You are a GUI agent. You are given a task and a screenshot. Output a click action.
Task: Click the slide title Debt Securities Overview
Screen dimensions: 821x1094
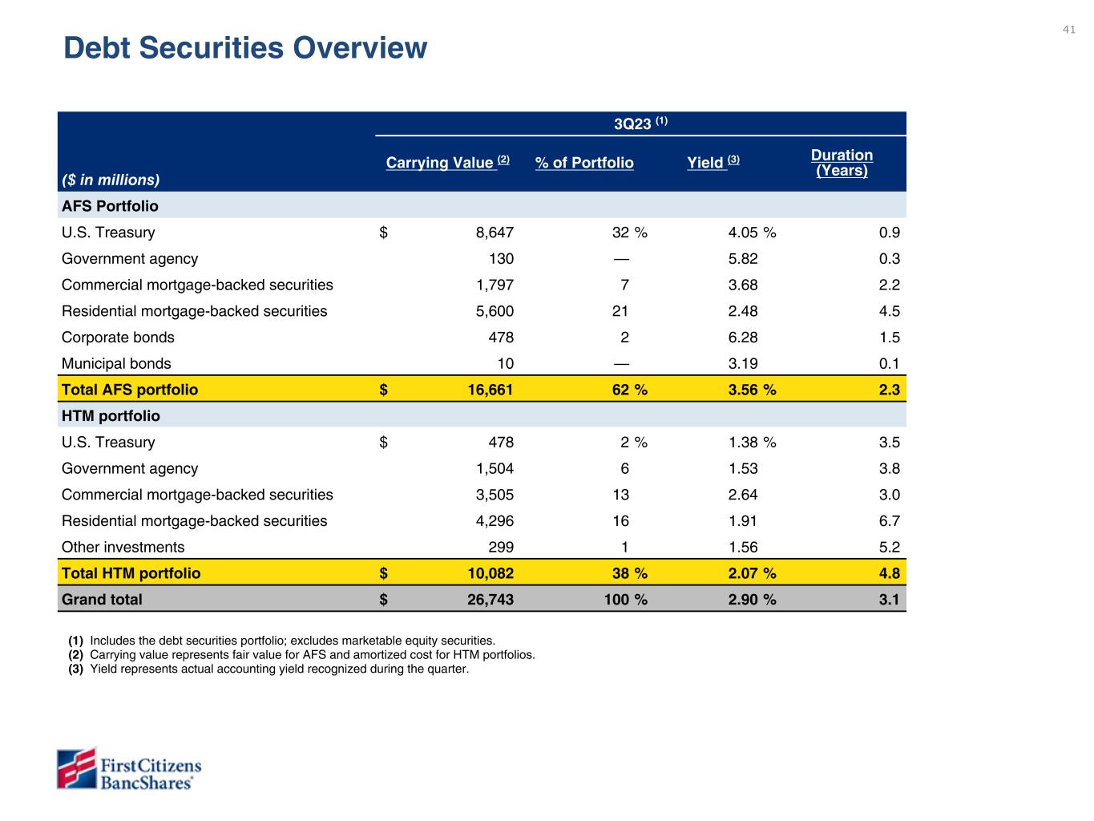(x=245, y=48)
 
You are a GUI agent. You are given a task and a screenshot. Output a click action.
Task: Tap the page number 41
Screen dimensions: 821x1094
(x=1068, y=30)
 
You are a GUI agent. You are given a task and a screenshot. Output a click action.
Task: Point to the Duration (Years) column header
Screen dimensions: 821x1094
(x=842, y=163)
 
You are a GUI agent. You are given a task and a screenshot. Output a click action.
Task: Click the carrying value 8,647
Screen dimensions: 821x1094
(x=494, y=233)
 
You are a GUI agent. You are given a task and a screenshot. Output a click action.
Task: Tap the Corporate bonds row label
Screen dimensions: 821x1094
(x=118, y=338)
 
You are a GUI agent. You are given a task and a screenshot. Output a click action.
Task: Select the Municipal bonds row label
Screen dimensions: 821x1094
(x=116, y=363)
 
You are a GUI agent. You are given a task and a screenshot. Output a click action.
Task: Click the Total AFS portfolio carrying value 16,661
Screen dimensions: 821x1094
(x=490, y=390)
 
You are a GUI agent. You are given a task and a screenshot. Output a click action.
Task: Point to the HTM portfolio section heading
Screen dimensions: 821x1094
(x=111, y=416)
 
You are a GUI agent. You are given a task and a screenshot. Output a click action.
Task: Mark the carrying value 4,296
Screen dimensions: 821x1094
(x=494, y=521)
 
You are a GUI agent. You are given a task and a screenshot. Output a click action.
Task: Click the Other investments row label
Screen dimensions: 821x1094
(x=123, y=547)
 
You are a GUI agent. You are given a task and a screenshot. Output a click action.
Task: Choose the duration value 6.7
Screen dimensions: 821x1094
(x=889, y=521)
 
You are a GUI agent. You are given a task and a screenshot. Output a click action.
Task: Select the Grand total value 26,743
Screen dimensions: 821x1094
(x=490, y=599)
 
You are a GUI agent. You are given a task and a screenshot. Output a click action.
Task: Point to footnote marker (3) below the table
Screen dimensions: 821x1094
(x=76, y=669)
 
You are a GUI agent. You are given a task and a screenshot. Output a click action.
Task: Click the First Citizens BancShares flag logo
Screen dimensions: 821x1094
(x=76, y=769)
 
